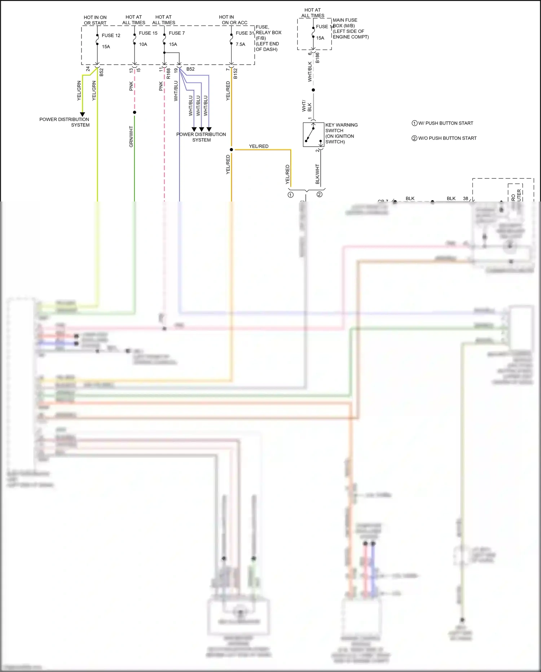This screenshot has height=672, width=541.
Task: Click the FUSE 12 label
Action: coord(111,35)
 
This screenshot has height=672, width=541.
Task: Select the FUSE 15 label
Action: coord(148,33)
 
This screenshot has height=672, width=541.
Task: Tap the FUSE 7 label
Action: coord(177,33)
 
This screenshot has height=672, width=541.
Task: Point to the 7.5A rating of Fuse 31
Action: coord(241,44)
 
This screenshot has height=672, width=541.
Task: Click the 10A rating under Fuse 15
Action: coord(143,44)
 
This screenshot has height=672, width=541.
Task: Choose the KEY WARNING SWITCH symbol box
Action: coord(313,134)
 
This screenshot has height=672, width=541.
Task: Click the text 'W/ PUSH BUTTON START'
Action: coord(445,123)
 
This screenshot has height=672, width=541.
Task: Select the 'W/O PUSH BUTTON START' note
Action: coord(447,138)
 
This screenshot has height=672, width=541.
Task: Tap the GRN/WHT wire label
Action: coord(131,136)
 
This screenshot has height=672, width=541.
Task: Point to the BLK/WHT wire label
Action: coord(317,174)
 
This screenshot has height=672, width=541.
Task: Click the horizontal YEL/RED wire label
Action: coord(259,146)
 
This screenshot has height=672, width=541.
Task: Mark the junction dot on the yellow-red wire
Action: coord(231,149)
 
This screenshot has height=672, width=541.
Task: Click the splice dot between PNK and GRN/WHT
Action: coord(135,112)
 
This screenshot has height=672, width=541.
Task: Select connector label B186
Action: coord(318,58)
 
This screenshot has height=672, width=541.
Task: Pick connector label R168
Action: coord(168,74)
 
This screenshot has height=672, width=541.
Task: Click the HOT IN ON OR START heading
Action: coord(95,20)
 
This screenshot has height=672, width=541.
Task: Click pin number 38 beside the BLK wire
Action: coord(466,198)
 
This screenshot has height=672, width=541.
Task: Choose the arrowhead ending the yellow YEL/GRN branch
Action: coord(82,114)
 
